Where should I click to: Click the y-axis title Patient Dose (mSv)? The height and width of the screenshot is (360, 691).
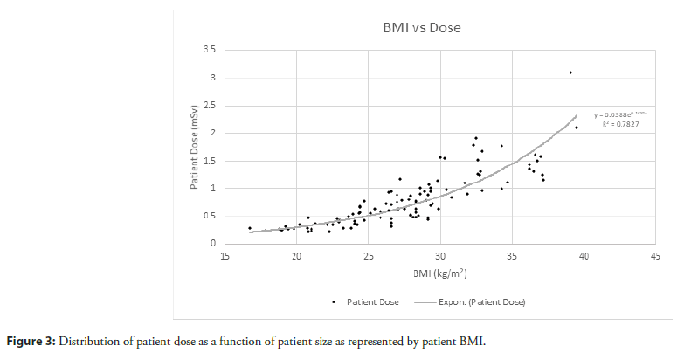197,148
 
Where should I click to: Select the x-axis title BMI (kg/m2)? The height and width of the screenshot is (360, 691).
439,274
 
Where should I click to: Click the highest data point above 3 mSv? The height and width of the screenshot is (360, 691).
570,73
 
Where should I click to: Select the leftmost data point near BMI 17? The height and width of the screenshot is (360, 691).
250,228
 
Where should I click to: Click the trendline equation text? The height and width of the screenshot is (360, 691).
620,114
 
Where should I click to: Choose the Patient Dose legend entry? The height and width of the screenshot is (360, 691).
371,301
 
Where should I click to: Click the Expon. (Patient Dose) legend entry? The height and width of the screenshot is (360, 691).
479,301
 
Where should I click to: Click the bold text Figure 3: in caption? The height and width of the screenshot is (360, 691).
34,340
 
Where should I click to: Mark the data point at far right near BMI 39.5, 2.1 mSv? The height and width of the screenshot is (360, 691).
577,128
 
